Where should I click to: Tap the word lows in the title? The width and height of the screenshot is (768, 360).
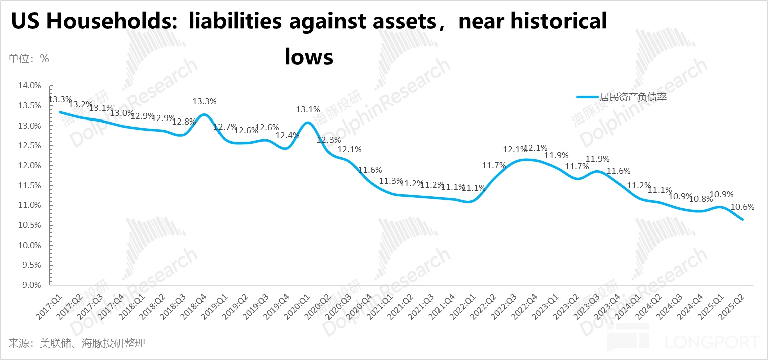309,56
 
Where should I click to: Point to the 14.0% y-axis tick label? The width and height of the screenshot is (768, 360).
29,86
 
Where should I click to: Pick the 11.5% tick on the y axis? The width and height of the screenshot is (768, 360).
29,185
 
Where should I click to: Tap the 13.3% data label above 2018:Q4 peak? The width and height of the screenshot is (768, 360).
204,102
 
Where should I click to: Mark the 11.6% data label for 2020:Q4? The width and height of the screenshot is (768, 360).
370,170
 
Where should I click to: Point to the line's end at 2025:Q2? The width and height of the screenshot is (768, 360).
742,219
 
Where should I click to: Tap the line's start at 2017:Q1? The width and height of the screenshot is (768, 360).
60,112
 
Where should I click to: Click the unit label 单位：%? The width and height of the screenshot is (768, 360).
28,58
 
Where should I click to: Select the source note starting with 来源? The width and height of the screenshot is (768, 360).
76,343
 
